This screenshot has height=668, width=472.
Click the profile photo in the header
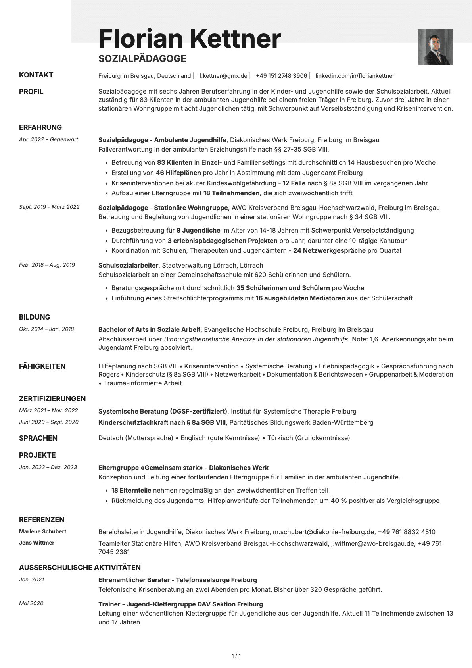click(x=435, y=47)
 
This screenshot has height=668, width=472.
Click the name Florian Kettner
click(x=190, y=39)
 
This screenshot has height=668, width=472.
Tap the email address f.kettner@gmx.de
click(x=223, y=76)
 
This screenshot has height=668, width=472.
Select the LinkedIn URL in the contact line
click(x=355, y=76)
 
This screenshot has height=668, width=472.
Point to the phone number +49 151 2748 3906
click(x=281, y=76)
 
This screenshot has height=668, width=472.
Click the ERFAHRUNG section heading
click(x=40, y=127)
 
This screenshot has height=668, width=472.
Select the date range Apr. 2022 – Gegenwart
click(x=48, y=139)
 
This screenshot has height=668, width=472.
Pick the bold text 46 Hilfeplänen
click(x=178, y=173)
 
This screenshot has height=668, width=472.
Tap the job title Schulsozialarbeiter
click(x=128, y=265)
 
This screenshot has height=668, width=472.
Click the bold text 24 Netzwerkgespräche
click(x=329, y=250)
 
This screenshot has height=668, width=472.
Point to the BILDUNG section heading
click(x=35, y=317)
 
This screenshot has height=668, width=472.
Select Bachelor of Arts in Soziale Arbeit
click(x=149, y=329)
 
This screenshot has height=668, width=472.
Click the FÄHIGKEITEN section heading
click(x=42, y=366)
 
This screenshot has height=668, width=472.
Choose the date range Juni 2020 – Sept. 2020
click(x=49, y=422)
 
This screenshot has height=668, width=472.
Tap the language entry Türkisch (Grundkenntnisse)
click(x=309, y=438)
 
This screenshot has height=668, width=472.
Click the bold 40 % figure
click(x=338, y=501)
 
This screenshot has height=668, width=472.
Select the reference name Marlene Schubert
click(x=42, y=531)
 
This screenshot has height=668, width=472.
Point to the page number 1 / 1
click(x=236, y=656)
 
